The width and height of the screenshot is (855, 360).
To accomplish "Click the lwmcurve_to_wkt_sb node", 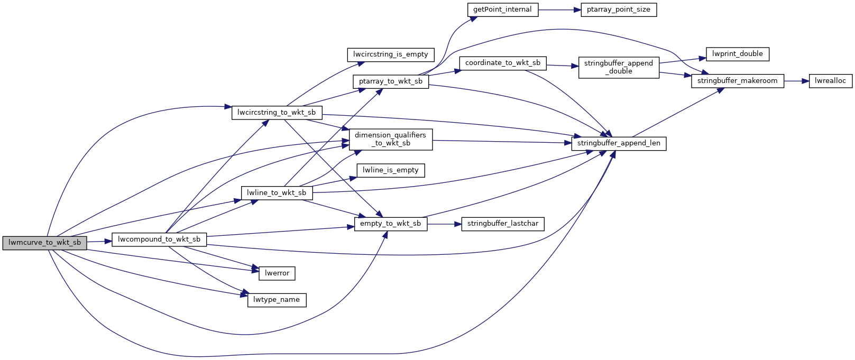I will click(44, 243).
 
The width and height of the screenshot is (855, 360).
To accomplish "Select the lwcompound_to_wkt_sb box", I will click(159, 239).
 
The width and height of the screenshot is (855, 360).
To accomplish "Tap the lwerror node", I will click(277, 273).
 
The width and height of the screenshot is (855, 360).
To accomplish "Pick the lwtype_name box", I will click(277, 300).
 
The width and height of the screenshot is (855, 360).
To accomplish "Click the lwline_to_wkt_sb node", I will click(277, 193).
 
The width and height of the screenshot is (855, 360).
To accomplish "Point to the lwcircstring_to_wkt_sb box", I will click(277, 113).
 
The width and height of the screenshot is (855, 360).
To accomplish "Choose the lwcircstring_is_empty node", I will click(391, 54).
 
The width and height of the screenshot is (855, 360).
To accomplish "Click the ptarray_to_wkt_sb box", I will click(391, 81).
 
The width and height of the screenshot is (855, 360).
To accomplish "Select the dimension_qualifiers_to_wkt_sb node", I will click(390, 139).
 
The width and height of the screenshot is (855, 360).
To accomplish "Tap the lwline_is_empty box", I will click(391, 170).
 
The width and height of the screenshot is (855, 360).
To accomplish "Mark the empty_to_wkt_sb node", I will click(391, 224).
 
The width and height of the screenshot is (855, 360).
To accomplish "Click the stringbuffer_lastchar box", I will click(503, 224).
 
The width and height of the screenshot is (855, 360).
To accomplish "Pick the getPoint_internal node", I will click(502, 10).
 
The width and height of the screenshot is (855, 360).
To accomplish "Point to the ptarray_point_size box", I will click(619, 10).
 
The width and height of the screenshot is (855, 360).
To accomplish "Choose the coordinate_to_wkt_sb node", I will click(503, 63).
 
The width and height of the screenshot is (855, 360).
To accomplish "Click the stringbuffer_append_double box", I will click(619, 67).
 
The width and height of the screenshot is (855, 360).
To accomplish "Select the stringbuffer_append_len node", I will click(619, 143).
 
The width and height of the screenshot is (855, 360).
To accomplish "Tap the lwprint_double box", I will click(738, 54).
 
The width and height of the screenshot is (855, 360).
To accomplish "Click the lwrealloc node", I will click(831, 81).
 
